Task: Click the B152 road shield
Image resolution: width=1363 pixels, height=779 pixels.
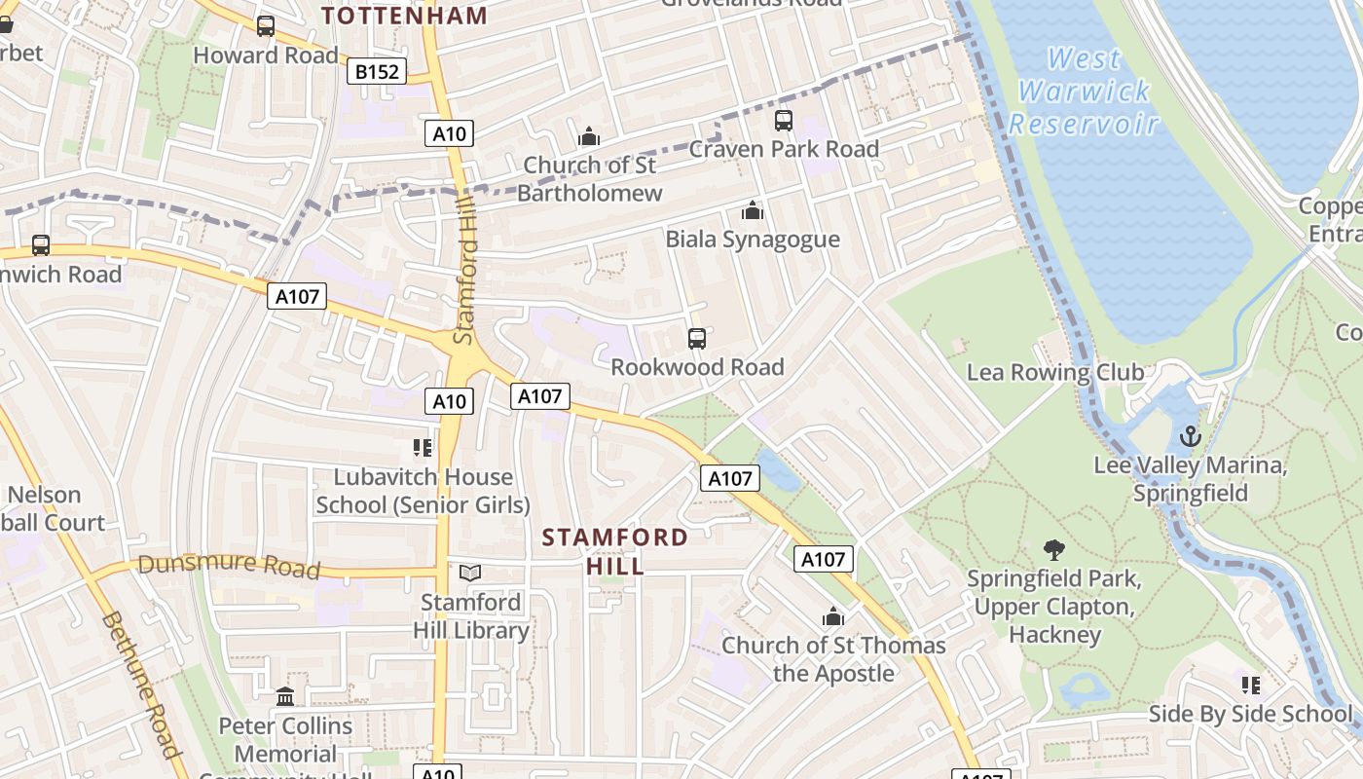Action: (377, 72)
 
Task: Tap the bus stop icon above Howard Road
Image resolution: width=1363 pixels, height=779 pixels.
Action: (266, 26)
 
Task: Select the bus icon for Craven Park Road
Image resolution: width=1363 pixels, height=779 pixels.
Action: (784, 121)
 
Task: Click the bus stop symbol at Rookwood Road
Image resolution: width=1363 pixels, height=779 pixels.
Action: (697, 339)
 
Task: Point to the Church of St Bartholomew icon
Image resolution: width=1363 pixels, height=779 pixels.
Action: (589, 136)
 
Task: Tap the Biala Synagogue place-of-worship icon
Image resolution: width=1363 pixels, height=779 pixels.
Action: (752, 210)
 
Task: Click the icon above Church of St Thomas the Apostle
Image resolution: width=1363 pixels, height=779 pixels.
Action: (832, 616)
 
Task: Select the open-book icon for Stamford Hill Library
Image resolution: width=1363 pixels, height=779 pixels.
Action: (470, 574)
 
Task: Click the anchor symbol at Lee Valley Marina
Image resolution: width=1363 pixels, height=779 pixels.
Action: (1190, 436)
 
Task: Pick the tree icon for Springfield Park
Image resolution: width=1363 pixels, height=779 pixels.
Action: (1053, 550)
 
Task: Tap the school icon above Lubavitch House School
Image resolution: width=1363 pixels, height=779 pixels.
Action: (422, 448)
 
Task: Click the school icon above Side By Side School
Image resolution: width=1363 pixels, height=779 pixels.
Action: (1251, 686)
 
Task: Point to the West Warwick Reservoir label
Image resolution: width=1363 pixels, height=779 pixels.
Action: (1085, 92)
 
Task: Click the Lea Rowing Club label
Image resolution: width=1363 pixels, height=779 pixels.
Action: (1055, 372)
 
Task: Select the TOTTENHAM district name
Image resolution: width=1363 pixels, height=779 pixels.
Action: (404, 16)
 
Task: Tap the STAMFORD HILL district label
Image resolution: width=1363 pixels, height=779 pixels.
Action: (615, 551)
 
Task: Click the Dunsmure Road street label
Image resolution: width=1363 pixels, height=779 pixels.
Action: (229, 565)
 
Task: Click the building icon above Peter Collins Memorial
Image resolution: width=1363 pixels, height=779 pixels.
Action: (285, 697)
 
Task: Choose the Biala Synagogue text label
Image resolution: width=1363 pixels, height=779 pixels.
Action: (752, 240)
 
